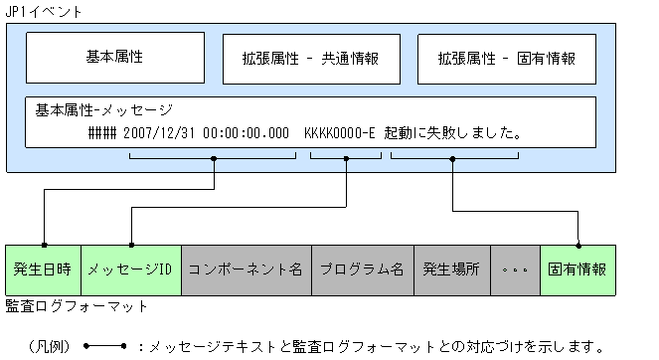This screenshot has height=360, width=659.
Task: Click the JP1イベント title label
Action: pyautogui.click(x=44, y=12)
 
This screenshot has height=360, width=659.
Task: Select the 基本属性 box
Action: pyautogui.click(x=115, y=58)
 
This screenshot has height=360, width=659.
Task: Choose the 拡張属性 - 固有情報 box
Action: pyautogui.click(x=506, y=58)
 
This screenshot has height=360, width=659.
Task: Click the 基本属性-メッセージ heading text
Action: pyautogui.click(x=103, y=109)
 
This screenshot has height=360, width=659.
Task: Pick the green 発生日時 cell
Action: pyautogui.click(x=43, y=270)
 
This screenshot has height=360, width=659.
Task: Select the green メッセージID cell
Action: pyautogui.click(x=130, y=270)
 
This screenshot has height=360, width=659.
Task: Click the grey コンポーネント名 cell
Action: pyautogui.click(x=246, y=270)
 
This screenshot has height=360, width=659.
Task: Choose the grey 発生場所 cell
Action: pyautogui.click(x=452, y=270)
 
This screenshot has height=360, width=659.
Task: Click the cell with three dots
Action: pyautogui.click(x=517, y=270)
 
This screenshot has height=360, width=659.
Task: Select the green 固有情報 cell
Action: pyautogui.click(x=577, y=270)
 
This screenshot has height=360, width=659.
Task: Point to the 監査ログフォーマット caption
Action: pyautogui.click(x=77, y=306)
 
